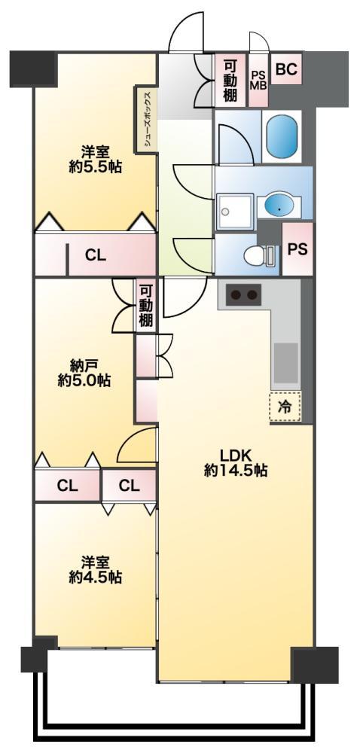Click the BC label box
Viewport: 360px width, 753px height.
coord(287,69)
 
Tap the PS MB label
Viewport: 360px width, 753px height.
coord(259,80)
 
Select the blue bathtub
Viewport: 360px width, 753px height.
coord(281,136)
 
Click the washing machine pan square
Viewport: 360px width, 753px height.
coord(234,212)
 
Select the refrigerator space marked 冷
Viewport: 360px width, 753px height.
coord(285,407)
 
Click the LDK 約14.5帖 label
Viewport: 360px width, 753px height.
coord(236,462)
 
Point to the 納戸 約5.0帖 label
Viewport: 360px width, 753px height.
coord(84,373)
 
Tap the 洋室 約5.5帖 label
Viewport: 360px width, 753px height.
coord(95,160)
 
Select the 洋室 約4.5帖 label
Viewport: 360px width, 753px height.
coord(95,569)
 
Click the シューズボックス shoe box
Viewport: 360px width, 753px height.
coord(146,119)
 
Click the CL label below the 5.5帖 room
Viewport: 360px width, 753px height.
coord(96,256)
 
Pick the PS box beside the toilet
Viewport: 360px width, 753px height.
coord(297,248)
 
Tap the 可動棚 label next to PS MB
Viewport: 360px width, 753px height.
coord(230,81)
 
